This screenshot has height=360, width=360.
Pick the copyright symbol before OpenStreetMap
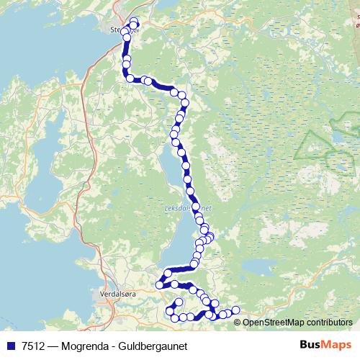pyautogui.click(x=238, y=323)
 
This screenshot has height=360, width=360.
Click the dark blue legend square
pyautogui.click(x=10, y=346)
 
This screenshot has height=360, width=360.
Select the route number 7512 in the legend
pyautogui.click(x=32, y=346)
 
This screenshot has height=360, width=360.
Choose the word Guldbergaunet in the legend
pyautogui.click(x=154, y=346)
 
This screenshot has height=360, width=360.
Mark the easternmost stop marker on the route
pyautogui.click(x=235, y=310)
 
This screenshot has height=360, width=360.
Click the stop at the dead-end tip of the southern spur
pyautogui.click(x=179, y=301)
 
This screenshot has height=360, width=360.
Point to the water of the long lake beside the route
pyautogui.click(x=173, y=180)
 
